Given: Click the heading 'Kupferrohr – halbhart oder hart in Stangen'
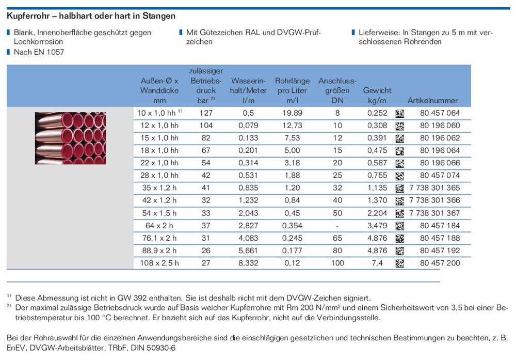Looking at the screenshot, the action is coord(91,16).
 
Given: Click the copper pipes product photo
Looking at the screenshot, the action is coord(70,138).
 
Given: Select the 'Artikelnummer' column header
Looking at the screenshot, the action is coord(432,100).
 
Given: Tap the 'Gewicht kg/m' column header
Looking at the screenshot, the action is coord(377,96).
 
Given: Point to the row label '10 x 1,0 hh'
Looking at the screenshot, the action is coord(156,113).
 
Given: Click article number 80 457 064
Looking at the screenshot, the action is coord(440,113).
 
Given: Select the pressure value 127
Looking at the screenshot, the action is coord(206,113).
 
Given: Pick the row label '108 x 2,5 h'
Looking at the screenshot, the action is coord(159,263).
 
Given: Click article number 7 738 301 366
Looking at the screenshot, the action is coord(434,200).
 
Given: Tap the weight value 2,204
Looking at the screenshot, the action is coord(377,213).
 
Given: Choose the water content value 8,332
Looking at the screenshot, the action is coord(249,263).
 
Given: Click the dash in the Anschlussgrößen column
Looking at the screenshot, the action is coord(337,226).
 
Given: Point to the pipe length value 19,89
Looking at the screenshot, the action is coord(292,113).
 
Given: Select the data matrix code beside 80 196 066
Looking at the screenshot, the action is coord(399,163).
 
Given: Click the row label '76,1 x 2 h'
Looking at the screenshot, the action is coord(159,238).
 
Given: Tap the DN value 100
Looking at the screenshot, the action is coord(337,263).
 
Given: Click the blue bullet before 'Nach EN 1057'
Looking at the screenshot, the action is coord(9,52).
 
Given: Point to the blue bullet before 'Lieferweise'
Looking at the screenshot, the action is coord(353,32).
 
